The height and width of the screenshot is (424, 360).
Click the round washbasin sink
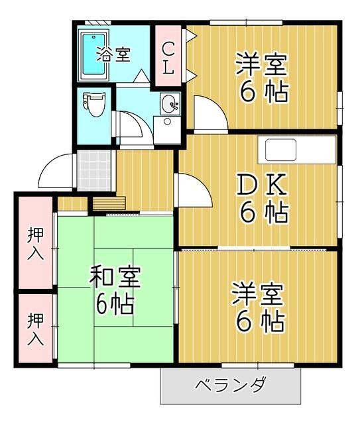(x=170, y=103)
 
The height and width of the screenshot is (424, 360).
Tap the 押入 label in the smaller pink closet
(x=35, y=329)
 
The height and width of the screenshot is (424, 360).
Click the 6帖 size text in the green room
(x=115, y=304)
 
